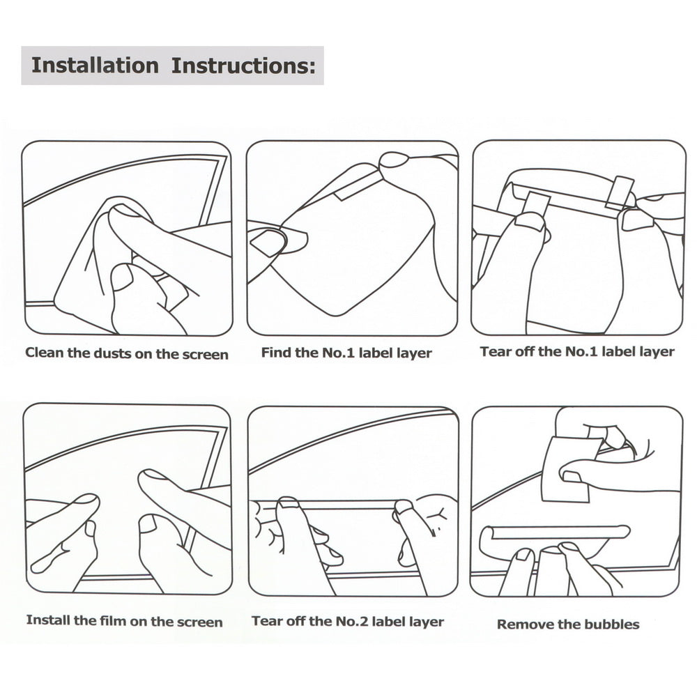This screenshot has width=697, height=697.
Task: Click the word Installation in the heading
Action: tap(95, 66)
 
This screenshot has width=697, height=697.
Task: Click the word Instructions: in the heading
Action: tap(243, 66)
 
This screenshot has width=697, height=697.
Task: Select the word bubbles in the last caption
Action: tap(612, 625)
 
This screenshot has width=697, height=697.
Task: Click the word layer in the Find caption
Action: tap(414, 353)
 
